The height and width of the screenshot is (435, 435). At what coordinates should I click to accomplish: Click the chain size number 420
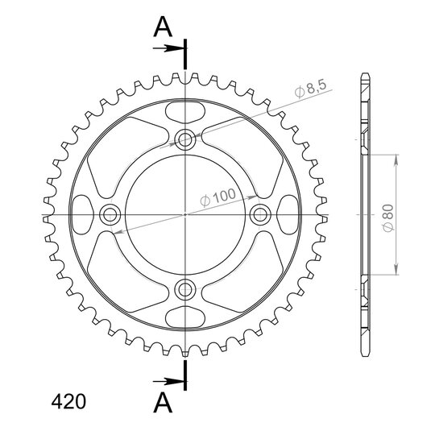click(x=68, y=402)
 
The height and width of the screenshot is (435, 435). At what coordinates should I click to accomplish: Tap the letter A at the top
click(x=163, y=27)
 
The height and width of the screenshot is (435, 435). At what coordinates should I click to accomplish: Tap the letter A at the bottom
click(x=163, y=403)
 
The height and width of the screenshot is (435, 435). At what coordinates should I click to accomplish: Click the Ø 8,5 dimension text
click(x=311, y=89)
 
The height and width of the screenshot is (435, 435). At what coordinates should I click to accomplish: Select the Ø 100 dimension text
click(x=218, y=197)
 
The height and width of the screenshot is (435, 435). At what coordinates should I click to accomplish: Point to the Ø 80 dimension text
click(x=388, y=217)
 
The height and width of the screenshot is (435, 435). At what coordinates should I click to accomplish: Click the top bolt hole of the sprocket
click(x=185, y=139)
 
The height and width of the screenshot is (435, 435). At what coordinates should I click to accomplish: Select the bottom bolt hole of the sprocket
click(x=185, y=289)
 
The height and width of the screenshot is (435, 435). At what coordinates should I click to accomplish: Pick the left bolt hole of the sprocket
click(x=110, y=214)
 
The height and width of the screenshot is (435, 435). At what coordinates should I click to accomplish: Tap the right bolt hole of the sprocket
click(x=260, y=214)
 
